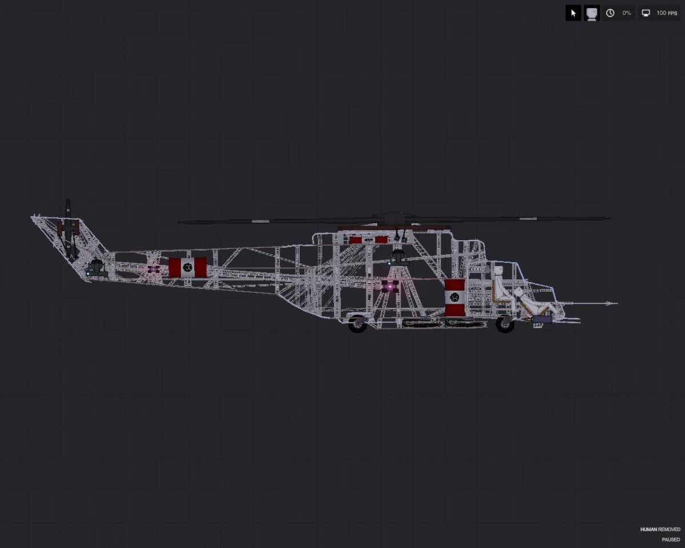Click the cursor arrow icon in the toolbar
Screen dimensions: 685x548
[x=573, y=13]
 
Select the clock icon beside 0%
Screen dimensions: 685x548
[x=610, y=13]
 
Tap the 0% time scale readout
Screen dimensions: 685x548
[x=626, y=13]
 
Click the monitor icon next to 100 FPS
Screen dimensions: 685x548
[x=646, y=13]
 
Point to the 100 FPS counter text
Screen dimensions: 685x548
[x=667, y=13]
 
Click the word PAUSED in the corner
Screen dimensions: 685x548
[x=671, y=539]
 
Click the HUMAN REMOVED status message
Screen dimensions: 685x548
[x=660, y=529]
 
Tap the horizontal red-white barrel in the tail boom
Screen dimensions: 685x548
[x=187, y=267]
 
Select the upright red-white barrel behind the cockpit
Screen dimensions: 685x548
[x=455, y=297]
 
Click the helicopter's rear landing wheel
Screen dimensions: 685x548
[x=358, y=324]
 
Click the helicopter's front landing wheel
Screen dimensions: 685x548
[x=505, y=324]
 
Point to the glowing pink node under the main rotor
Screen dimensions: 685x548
[x=390, y=287]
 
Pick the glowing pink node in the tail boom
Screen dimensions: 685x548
[x=154, y=269]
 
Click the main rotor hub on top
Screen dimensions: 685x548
[x=393, y=219]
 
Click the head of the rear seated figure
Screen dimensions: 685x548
[x=498, y=272]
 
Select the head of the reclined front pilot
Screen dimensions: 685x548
[x=518, y=293]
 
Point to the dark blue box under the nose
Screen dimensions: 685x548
[x=542, y=319]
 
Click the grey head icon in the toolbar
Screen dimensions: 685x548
[x=592, y=13]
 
